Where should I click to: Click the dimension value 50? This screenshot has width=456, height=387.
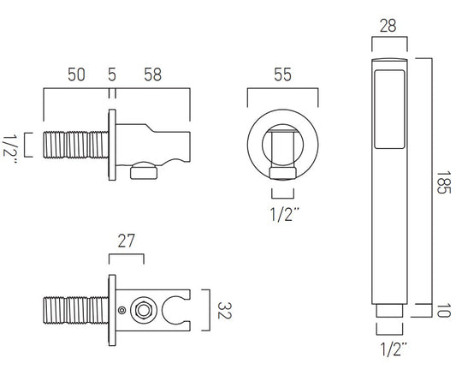pos(76,74)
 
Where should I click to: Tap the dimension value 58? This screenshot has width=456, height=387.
pos(152,74)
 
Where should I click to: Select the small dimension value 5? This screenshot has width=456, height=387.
pos(112,74)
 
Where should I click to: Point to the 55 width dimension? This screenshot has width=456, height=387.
pos(282,74)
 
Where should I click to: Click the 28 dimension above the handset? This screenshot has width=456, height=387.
pos(388,26)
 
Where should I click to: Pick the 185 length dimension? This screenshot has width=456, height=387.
pos(443,182)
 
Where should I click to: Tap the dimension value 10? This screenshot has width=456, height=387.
pos(444,310)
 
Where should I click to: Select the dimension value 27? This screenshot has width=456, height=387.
pos(127,241)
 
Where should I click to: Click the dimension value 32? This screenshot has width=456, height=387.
pos(224,311)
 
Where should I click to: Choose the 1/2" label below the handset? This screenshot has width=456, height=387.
pos(394,349)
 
